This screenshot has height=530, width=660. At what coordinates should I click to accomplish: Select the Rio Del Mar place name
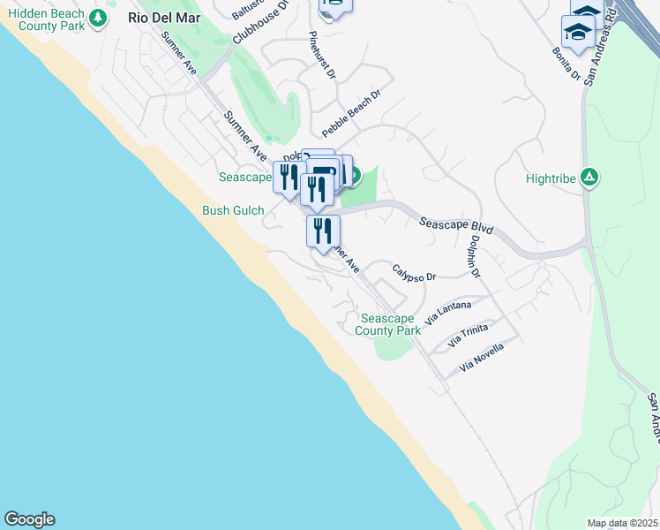point(164,18)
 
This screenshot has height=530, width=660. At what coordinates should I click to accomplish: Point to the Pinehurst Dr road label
point(323,57)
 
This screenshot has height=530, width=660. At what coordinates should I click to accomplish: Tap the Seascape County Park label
point(387,324)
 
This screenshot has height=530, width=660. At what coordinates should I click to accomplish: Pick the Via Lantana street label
point(448,314)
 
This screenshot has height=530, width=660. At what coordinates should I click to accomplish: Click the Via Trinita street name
point(468,335)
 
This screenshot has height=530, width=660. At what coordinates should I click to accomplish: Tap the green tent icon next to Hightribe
point(589,178)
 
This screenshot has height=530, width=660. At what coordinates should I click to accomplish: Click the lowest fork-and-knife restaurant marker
point(323,231)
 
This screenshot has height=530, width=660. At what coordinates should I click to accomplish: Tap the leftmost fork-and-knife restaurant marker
point(289,177)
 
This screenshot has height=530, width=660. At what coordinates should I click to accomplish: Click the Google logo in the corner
point(29,519)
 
